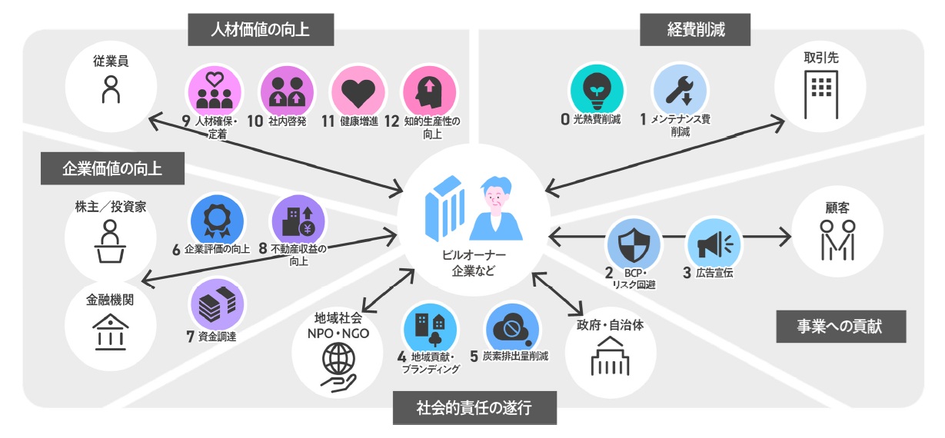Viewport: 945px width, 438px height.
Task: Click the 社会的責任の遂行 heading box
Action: pos(474,407)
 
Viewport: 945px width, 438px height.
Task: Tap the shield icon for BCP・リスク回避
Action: pos(633,246)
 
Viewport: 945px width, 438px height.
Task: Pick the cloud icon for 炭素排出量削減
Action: pos(510,329)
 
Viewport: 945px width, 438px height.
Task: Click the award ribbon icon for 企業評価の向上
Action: pos(216,221)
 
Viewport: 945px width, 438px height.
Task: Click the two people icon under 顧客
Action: pos(837,238)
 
